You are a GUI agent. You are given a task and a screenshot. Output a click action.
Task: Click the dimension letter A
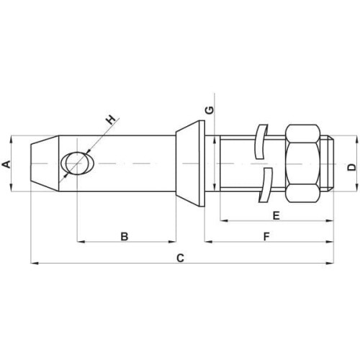pos(6,164)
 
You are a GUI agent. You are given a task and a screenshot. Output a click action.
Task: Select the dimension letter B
pos(125,236)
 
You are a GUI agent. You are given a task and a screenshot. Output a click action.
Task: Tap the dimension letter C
pos(180,258)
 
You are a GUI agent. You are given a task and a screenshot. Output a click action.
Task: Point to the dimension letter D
pos(352,167)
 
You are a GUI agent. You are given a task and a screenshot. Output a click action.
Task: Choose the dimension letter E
pos(276,215)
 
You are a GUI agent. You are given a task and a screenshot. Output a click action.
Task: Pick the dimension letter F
pos(266,236)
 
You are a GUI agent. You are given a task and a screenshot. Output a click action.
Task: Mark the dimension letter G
pos(210,109)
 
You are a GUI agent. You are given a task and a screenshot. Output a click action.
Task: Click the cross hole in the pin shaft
pos(77,163)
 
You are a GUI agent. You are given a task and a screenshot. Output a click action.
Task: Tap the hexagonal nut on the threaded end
pos(302,163)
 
